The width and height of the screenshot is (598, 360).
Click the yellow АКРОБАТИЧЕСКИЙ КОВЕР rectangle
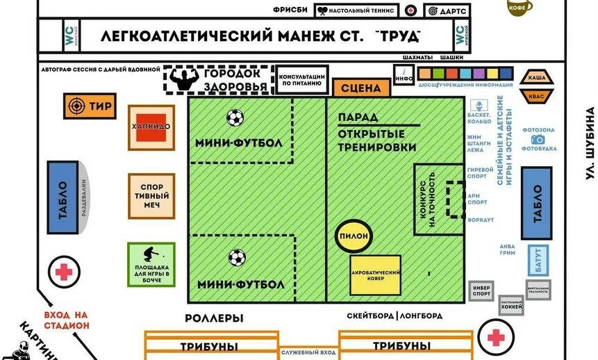point(375,275)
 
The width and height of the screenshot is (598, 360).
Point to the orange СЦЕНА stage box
point(361,88)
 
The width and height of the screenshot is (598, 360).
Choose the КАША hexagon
point(537,78)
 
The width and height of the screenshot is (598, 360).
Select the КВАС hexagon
point(537,97)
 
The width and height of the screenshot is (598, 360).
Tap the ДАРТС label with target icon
point(447,11)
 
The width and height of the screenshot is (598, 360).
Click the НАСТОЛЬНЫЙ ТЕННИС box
point(356,11)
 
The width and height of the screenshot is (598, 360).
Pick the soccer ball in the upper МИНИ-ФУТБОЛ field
point(235,117)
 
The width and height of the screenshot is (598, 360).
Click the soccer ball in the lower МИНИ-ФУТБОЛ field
point(237,258)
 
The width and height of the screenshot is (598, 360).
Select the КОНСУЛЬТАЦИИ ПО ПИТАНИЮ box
point(301,80)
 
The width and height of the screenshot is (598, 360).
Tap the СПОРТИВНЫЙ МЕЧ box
point(151,197)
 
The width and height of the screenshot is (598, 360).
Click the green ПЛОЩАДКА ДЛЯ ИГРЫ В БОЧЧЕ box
point(151,264)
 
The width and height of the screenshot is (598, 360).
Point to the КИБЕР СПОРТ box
point(481,293)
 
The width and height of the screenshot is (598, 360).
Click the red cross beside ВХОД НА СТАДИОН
point(63,272)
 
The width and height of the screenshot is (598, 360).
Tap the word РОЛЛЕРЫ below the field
point(214,319)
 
